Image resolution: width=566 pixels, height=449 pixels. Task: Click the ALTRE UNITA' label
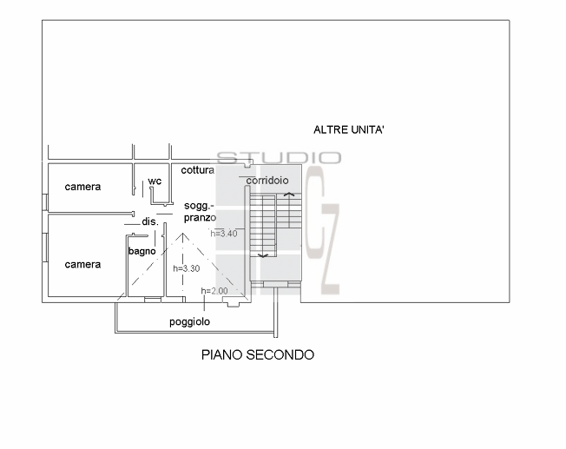click(x=349, y=129)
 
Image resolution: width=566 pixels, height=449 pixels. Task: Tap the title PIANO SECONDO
click(x=258, y=354)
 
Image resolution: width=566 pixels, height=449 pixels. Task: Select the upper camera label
click(x=82, y=187)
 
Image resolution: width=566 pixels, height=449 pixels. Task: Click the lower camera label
click(x=82, y=264)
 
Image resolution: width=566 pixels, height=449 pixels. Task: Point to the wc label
click(x=155, y=181)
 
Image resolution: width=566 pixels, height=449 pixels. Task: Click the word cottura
click(x=198, y=170)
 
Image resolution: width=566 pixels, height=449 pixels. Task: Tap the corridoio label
click(x=267, y=181)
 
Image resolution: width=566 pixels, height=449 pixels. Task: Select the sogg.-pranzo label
click(x=200, y=211)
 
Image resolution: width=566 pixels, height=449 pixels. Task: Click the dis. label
click(x=149, y=222)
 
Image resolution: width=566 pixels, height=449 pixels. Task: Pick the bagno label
click(x=141, y=251)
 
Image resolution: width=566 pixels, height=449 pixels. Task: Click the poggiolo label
click(x=189, y=321)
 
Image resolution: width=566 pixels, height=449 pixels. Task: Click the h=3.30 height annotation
click(x=187, y=268)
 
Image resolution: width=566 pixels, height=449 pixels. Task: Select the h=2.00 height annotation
click(x=214, y=290)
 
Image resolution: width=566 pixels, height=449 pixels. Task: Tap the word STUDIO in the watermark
click(x=279, y=157)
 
